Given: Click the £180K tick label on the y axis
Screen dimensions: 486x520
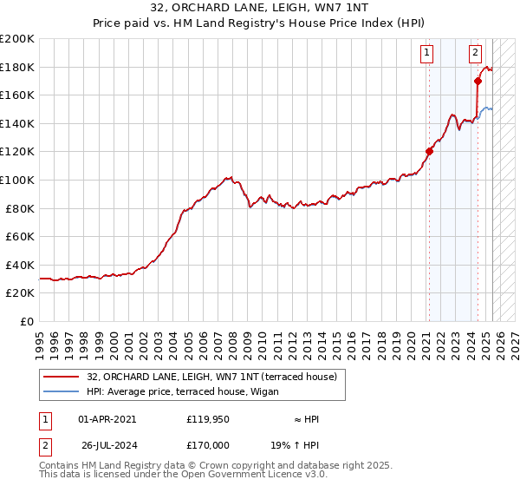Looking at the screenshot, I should tap(17, 67).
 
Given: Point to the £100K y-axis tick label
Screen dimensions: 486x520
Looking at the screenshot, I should tap(17, 180).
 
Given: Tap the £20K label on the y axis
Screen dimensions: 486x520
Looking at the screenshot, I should tap(20, 293).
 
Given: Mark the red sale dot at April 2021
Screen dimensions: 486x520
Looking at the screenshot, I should tap(429, 151).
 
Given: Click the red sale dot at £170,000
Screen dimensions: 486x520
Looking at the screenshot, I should tap(478, 81).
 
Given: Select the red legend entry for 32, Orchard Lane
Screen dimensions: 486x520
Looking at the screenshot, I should tap(217, 376).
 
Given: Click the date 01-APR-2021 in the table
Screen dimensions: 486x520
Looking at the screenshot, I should tap(107, 419).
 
